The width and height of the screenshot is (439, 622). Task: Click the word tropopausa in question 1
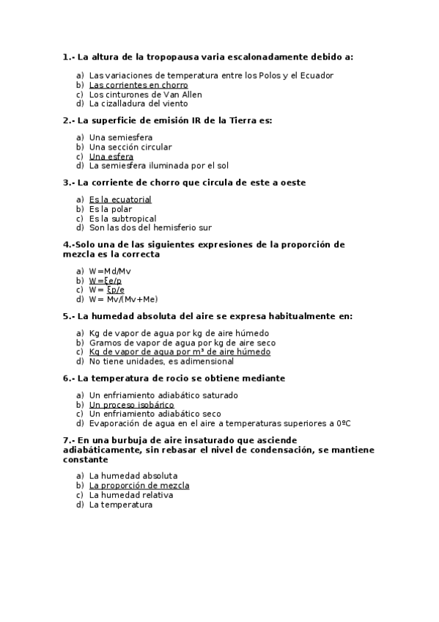pyautogui.click(x=174, y=56)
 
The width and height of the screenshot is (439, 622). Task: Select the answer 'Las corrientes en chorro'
pyautogui.click(x=139, y=85)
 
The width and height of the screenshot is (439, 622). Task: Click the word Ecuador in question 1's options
pyautogui.click(x=317, y=76)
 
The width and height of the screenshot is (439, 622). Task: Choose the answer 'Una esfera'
pyautogui.click(x=111, y=156)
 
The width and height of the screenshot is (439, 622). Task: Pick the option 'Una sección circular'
pyautogui.click(x=130, y=147)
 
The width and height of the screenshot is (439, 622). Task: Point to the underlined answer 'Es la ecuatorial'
pyautogui.click(x=120, y=200)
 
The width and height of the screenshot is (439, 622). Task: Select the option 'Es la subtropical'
pyautogui.click(x=122, y=219)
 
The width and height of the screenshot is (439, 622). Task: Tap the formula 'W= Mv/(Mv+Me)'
pyautogui.click(x=123, y=299)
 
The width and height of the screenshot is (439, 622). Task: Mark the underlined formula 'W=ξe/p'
pyautogui.click(x=106, y=281)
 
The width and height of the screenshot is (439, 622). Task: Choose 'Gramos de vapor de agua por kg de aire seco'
pyautogui.click(x=182, y=343)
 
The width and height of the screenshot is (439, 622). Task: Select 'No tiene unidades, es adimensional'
pyautogui.click(x=161, y=361)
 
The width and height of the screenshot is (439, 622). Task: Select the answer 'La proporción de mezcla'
pyautogui.click(x=139, y=486)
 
